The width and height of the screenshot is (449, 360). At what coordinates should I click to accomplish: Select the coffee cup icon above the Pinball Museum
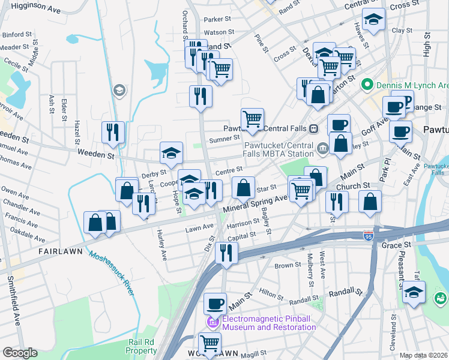click(215, 304)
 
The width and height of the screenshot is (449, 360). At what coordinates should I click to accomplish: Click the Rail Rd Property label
click(142, 346)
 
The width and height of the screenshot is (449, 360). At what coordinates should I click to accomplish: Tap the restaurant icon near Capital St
click(226, 252)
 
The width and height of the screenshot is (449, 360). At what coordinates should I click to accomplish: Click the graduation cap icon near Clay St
click(373, 22)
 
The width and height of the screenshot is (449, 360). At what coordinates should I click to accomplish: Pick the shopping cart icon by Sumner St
click(252, 119)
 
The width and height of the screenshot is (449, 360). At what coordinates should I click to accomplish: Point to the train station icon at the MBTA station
click(313, 128)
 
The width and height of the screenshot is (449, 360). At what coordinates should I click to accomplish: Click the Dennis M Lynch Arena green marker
click(364, 86)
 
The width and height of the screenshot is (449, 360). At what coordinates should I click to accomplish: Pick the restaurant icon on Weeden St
click(113, 132)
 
